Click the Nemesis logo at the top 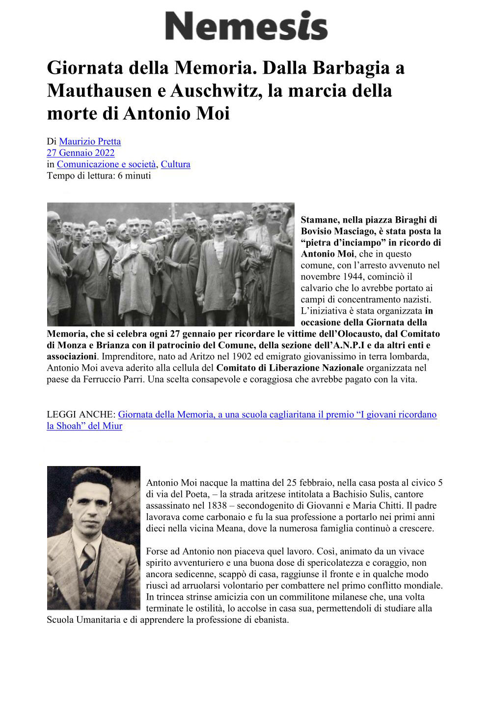click(246, 26)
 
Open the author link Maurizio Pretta click(90, 142)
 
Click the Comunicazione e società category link click(106, 164)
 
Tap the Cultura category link click(175, 164)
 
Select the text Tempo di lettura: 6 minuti click(99, 176)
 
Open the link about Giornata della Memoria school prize click(277, 415)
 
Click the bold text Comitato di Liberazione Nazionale click(290, 368)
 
